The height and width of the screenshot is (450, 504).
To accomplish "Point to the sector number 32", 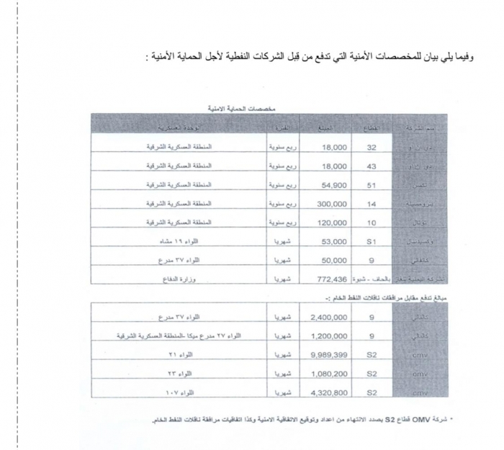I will tap(372, 147).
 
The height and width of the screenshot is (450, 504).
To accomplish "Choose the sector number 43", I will tap(372, 166).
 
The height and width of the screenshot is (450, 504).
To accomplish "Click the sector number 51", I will tap(372, 186).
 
